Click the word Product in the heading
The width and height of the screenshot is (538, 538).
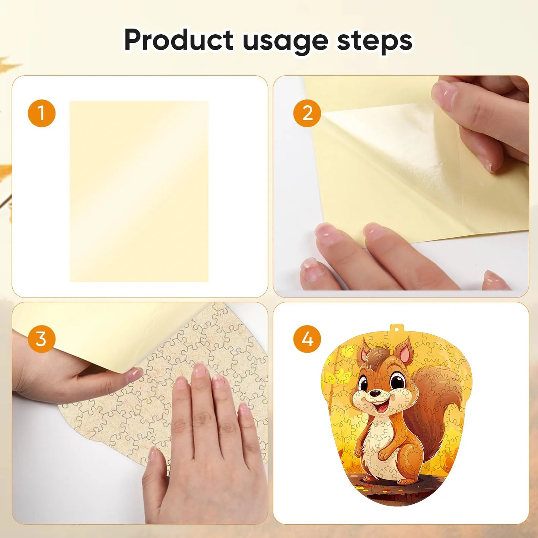[x=179, y=39]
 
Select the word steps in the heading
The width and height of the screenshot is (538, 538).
[x=375, y=41]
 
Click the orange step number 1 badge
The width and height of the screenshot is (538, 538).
[x=42, y=113]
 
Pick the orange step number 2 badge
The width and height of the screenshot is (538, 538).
[x=307, y=113]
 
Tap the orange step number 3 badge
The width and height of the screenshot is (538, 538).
[x=41, y=339]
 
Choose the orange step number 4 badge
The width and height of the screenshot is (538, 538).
[x=307, y=339]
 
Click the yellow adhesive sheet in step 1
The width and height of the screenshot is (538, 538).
[x=139, y=191]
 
